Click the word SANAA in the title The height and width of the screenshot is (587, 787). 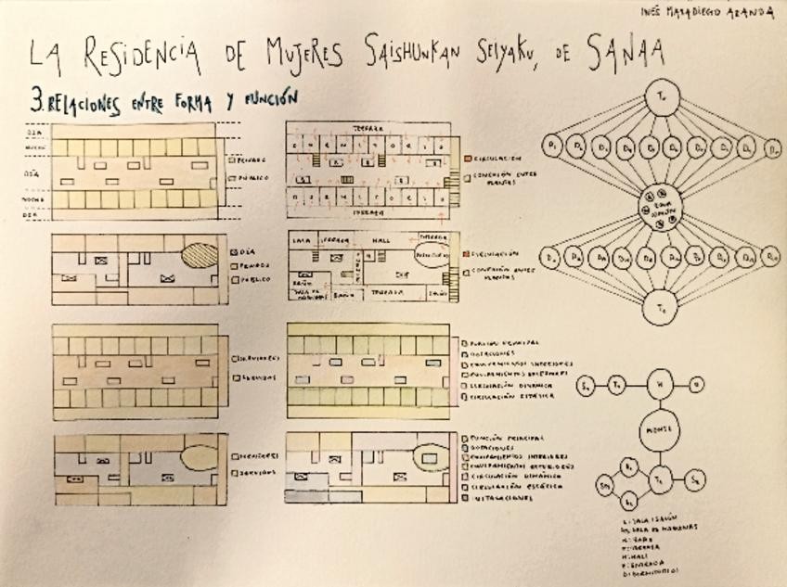click(625, 56)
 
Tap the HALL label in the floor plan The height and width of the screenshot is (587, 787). click(381, 238)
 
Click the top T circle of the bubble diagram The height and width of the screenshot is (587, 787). click(663, 96)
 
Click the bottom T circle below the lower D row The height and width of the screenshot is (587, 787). click(663, 305)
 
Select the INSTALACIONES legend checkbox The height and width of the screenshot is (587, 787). click(464, 498)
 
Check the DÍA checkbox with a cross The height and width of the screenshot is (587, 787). click(232, 251)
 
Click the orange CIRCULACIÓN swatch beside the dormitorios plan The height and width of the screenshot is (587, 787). click(466, 158)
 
